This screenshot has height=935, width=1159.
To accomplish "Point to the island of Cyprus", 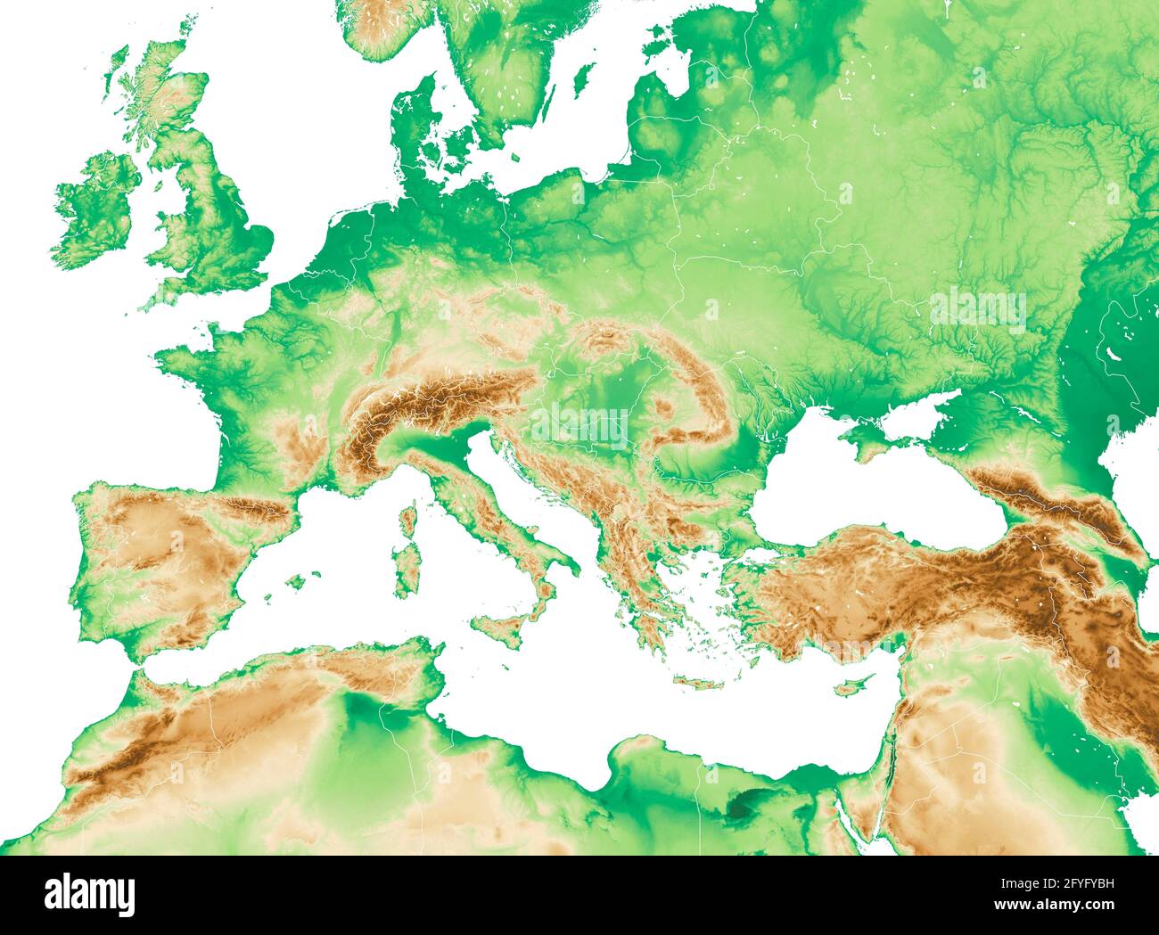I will tap(854, 685).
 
